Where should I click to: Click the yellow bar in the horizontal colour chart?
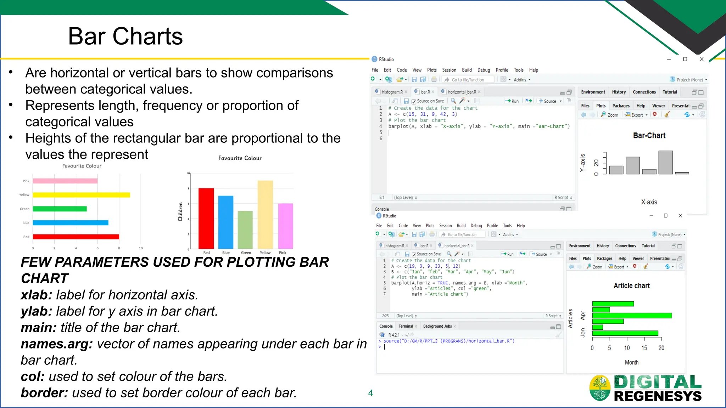pyautogui.click(x=81, y=195)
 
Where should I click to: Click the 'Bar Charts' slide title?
pyautogui.click(x=125, y=36)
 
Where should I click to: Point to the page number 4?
pyautogui.click(x=370, y=393)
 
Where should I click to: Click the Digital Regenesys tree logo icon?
pyautogui.click(x=600, y=388)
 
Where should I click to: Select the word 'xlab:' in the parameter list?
pyautogui.click(x=37, y=295)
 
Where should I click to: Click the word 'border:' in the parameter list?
pyautogui.click(x=44, y=393)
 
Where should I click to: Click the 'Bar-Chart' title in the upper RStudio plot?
pyautogui.click(x=649, y=136)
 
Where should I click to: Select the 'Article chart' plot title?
pyautogui.click(x=632, y=286)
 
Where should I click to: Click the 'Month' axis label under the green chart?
pyautogui.click(x=631, y=362)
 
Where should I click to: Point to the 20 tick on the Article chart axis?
pyautogui.click(x=661, y=348)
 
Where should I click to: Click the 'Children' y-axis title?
pyautogui.click(x=180, y=212)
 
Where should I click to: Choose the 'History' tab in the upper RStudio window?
pyautogui.click(x=619, y=92)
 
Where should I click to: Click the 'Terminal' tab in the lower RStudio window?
pyautogui.click(x=406, y=326)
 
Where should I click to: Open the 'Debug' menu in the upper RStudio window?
pyautogui.click(x=484, y=70)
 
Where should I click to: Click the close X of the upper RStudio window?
pyautogui.click(x=702, y=59)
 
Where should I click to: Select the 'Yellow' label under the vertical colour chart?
pyautogui.click(x=265, y=253)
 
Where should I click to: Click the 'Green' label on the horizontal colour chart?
pyautogui.click(x=24, y=209)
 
